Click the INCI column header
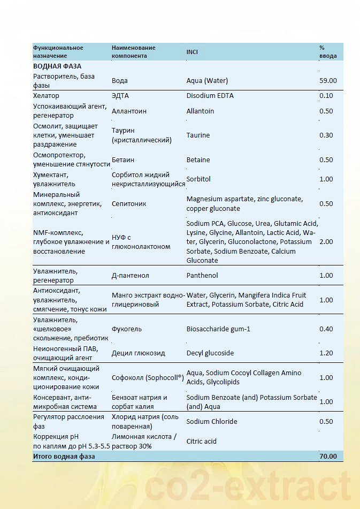tap(193, 51)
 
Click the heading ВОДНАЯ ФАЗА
tap(57, 66)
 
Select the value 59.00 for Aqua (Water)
tap(327, 81)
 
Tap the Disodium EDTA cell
tap(210, 96)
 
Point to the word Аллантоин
tap(129, 111)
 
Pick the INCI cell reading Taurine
tap(198, 135)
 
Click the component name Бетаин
tap(123, 160)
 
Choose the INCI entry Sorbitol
tap(198, 179)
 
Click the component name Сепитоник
tap(129, 204)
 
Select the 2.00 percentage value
tap(326, 242)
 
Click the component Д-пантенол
tap(130, 276)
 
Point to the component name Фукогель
tap(127, 329)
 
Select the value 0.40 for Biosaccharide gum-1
tap(326, 329)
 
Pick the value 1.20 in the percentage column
tap(326, 353)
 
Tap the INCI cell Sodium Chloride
tap(211, 422)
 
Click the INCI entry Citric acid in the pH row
tap(202, 442)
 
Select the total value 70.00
tap(328, 457)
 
